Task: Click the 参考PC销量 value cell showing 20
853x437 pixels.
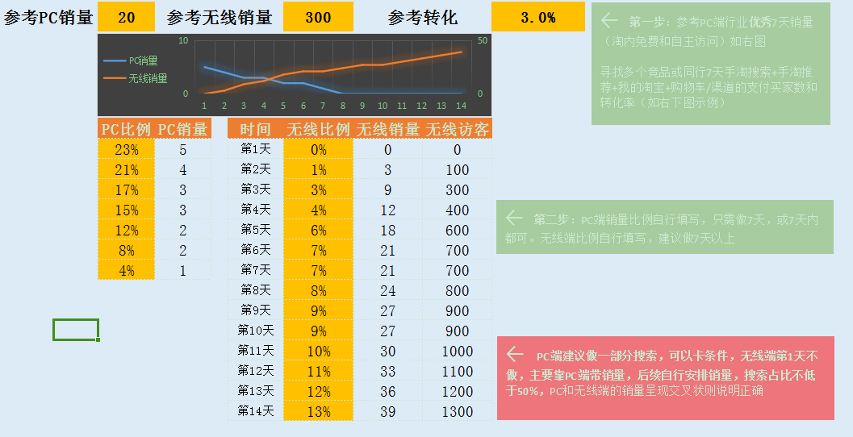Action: point(126,17)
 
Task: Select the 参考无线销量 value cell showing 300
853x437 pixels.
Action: point(318,17)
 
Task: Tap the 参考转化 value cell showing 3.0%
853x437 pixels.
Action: point(537,17)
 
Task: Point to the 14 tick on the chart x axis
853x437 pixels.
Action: point(461,106)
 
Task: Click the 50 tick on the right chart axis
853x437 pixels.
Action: point(483,41)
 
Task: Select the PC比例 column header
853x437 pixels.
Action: point(126,129)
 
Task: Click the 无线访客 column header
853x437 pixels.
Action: point(458,129)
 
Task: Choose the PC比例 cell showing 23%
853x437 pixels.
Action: point(126,149)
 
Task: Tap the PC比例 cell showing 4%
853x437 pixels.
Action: point(126,271)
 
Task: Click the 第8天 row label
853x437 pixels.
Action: point(256,290)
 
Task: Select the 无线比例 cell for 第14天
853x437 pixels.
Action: point(318,411)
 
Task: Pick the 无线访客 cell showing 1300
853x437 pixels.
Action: point(458,411)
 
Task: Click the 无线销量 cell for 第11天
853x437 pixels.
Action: point(387,351)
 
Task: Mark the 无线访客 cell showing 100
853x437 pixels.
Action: point(458,169)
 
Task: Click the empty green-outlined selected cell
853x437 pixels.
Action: point(76,330)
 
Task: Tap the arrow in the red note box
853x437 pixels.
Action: point(515,355)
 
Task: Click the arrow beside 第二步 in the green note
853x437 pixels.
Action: point(514,218)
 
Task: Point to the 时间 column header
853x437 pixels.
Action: point(256,129)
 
